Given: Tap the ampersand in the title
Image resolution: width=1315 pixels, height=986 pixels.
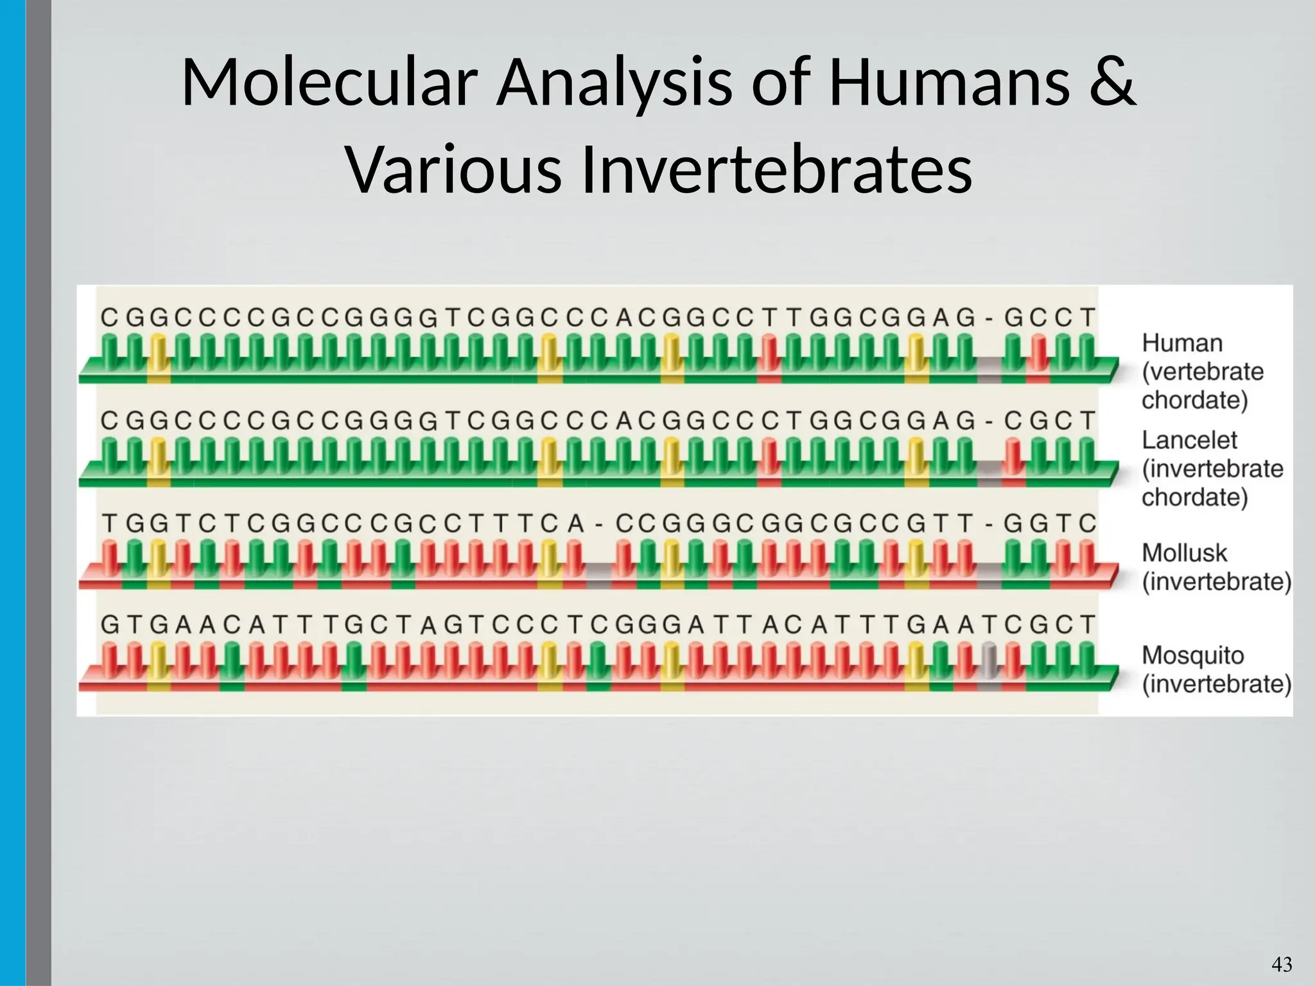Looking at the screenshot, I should pyautogui.click(x=1111, y=83).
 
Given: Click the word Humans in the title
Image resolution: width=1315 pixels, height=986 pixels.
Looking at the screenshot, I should pyautogui.click(x=948, y=83).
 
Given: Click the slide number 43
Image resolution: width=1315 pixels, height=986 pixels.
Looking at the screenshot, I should pyautogui.click(x=1282, y=964).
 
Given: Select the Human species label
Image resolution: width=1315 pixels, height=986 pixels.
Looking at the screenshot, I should pyautogui.click(x=1181, y=343).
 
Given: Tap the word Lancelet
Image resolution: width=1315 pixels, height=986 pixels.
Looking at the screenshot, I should pyautogui.click(x=1189, y=440).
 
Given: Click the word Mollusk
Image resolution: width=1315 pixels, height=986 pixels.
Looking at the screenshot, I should pyautogui.click(x=1184, y=553).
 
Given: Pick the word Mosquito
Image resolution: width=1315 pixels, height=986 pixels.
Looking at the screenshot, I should pyautogui.click(x=1192, y=655).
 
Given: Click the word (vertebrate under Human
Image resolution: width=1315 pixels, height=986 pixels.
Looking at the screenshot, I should pyautogui.click(x=1202, y=372).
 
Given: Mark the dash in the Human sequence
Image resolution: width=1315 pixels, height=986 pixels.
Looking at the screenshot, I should pyautogui.click(x=989, y=318).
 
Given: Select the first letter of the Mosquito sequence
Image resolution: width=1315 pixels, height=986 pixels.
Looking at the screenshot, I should pyautogui.click(x=110, y=625).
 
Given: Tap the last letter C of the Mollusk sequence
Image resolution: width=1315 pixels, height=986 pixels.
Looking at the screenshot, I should pyautogui.click(x=1086, y=524).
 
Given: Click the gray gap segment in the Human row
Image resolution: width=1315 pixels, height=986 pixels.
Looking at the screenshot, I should pyautogui.click(x=989, y=373).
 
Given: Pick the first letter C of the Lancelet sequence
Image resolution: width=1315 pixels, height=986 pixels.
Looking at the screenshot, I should pyautogui.click(x=110, y=421).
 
